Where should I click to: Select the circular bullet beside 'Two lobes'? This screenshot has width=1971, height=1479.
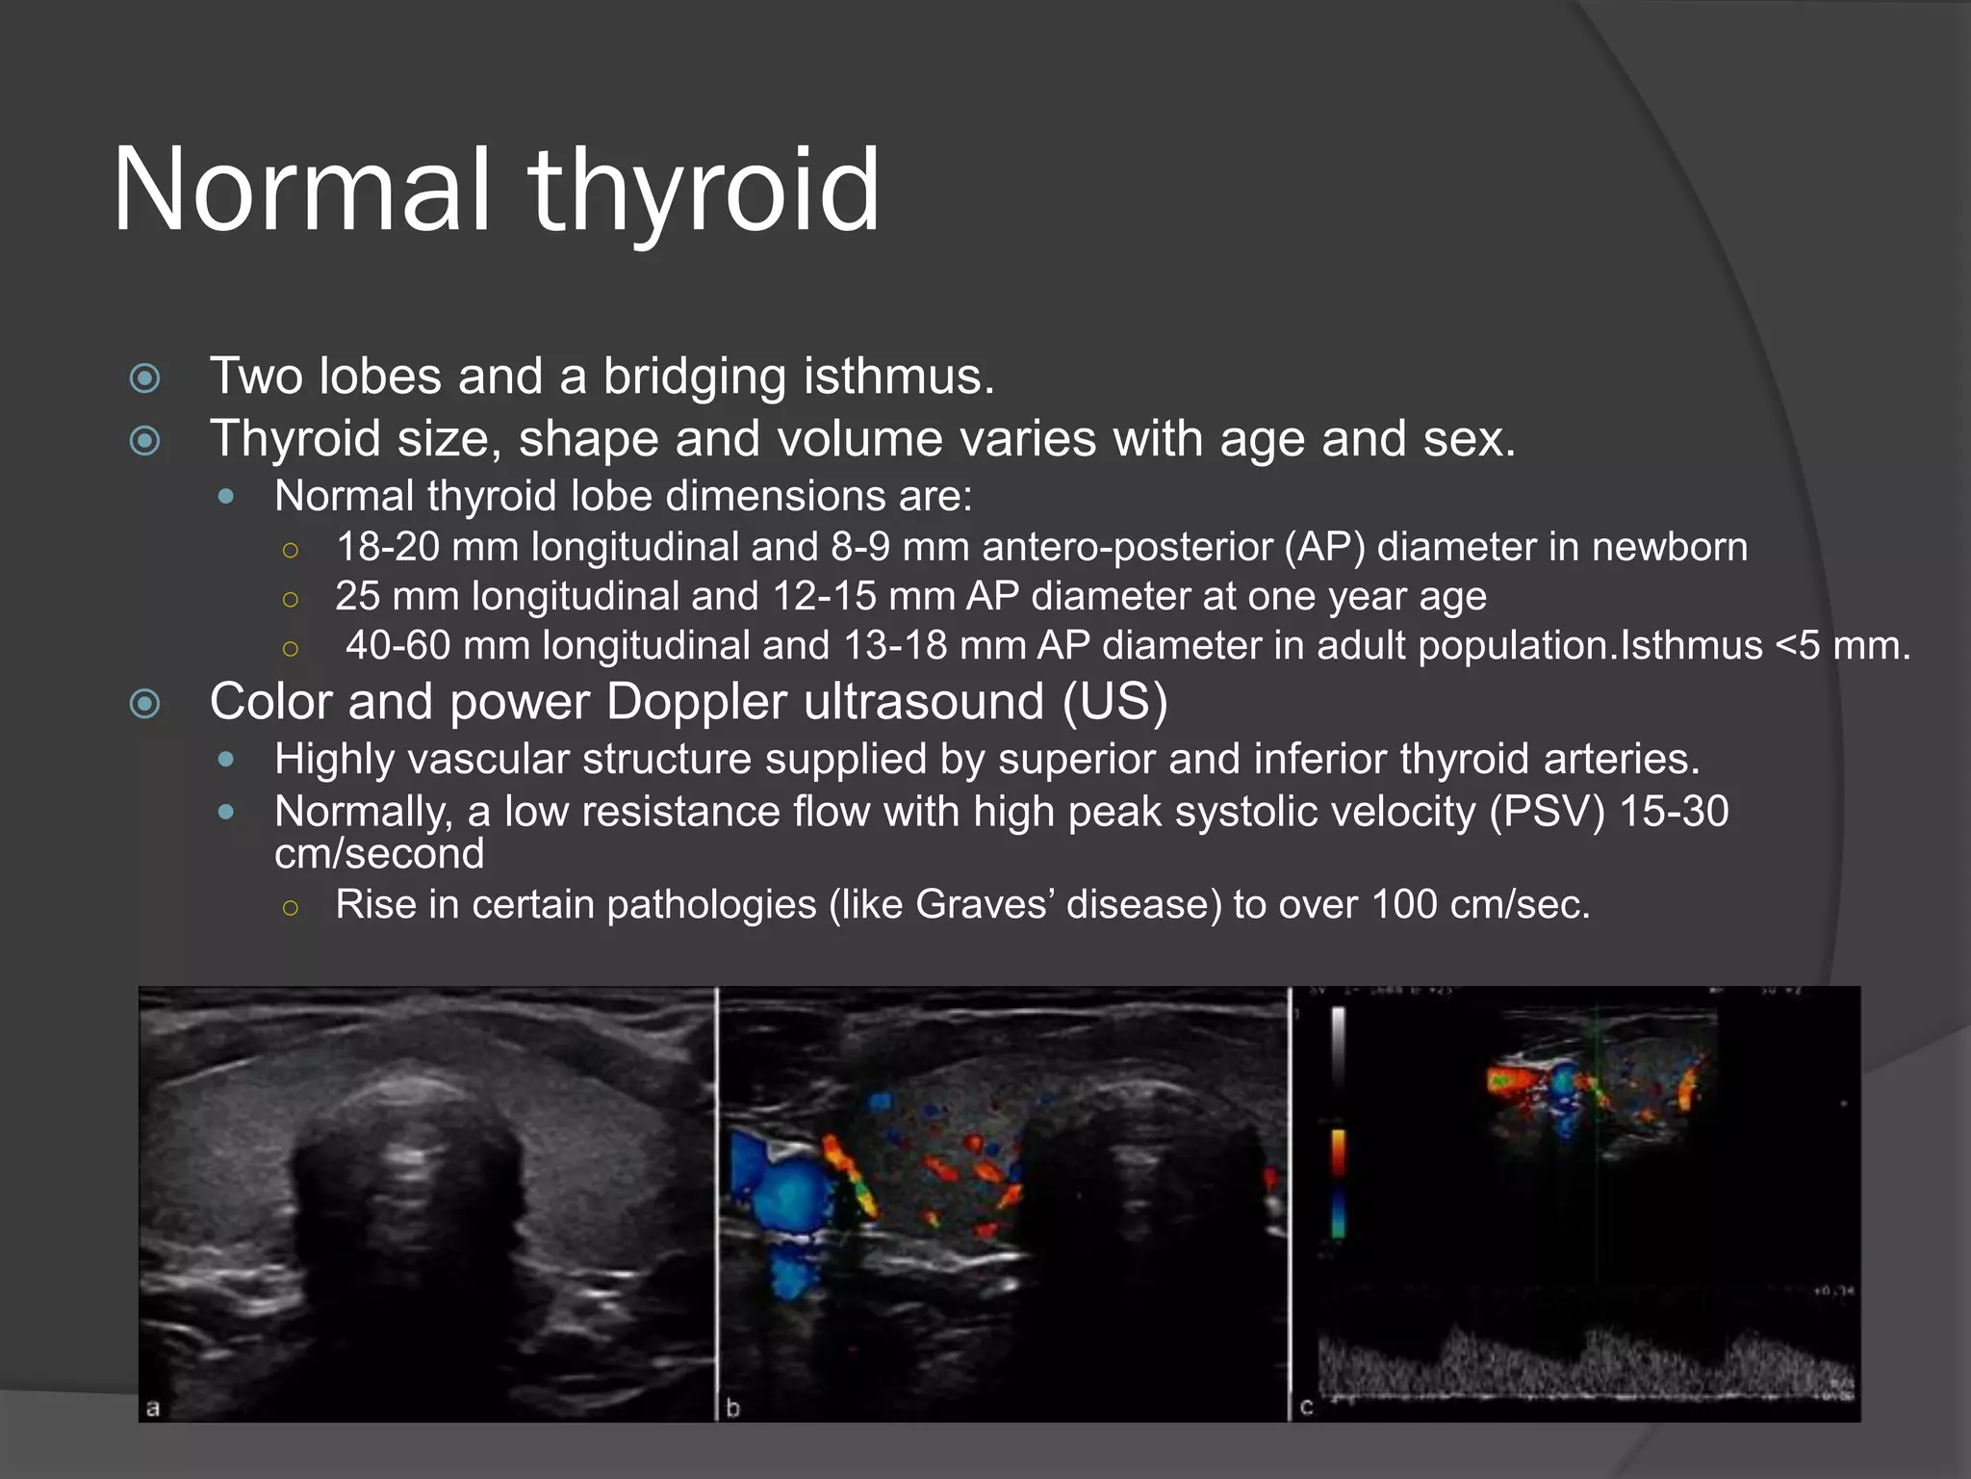145,377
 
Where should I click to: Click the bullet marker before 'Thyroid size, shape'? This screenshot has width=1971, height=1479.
145,441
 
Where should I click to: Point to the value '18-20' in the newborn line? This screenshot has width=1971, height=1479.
388,547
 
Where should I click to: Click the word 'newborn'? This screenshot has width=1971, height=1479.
1669,547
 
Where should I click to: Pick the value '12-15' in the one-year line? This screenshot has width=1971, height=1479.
824,596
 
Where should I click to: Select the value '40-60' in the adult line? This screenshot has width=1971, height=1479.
397,645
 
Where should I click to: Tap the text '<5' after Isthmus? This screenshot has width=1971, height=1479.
1797,645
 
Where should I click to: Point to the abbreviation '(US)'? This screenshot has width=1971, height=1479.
1114,701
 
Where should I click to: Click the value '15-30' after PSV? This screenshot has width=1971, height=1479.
1675,812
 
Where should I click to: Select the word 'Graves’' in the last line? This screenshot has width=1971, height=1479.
984,905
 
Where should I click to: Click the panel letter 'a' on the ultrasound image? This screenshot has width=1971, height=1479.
152,1408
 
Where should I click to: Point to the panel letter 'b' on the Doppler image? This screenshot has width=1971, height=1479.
732,1408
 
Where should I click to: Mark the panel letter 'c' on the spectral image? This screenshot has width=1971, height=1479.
1306,1408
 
